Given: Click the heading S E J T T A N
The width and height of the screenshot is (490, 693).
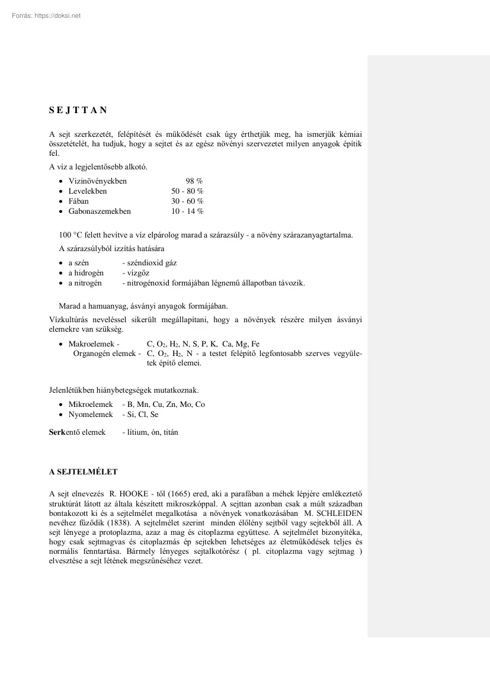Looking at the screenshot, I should (x=78, y=110).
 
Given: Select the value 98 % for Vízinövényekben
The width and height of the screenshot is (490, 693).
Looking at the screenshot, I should (x=194, y=181).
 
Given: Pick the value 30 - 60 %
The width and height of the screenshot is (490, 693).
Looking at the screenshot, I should (x=187, y=201).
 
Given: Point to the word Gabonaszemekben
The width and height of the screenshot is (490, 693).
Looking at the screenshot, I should (x=100, y=211).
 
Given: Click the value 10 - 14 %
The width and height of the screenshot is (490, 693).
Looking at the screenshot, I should (x=187, y=211).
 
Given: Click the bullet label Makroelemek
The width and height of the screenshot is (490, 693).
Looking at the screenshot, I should (x=92, y=344).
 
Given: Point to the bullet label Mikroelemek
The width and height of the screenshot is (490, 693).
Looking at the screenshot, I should (x=91, y=405).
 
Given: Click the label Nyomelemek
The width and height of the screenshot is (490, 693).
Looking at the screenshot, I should (x=90, y=415).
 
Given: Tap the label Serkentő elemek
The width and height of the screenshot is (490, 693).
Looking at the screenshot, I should (x=77, y=432).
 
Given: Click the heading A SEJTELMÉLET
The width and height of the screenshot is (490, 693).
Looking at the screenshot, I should (x=83, y=472).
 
